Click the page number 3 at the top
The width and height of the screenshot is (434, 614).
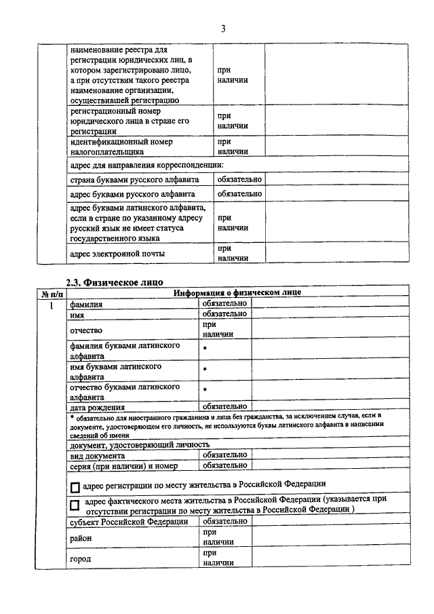pos(222,28)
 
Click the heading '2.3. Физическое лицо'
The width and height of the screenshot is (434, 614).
pos(115,282)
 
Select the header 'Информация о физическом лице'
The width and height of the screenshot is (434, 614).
pos(237,293)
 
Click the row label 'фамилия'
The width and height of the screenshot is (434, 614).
pos(86,305)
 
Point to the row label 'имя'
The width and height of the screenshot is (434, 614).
pos(77,315)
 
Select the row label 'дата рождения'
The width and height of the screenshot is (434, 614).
pos(98,408)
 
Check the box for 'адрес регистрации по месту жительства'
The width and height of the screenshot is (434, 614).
pos(75,486)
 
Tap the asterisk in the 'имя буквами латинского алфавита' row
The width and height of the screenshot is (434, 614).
pos(205,370)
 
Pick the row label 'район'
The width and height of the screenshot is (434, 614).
pos(81,538)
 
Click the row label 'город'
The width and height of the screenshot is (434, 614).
pos(80,560)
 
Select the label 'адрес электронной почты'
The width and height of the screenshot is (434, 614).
pos(117,254)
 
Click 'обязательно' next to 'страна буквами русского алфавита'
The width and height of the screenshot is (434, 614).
pos(239,180)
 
